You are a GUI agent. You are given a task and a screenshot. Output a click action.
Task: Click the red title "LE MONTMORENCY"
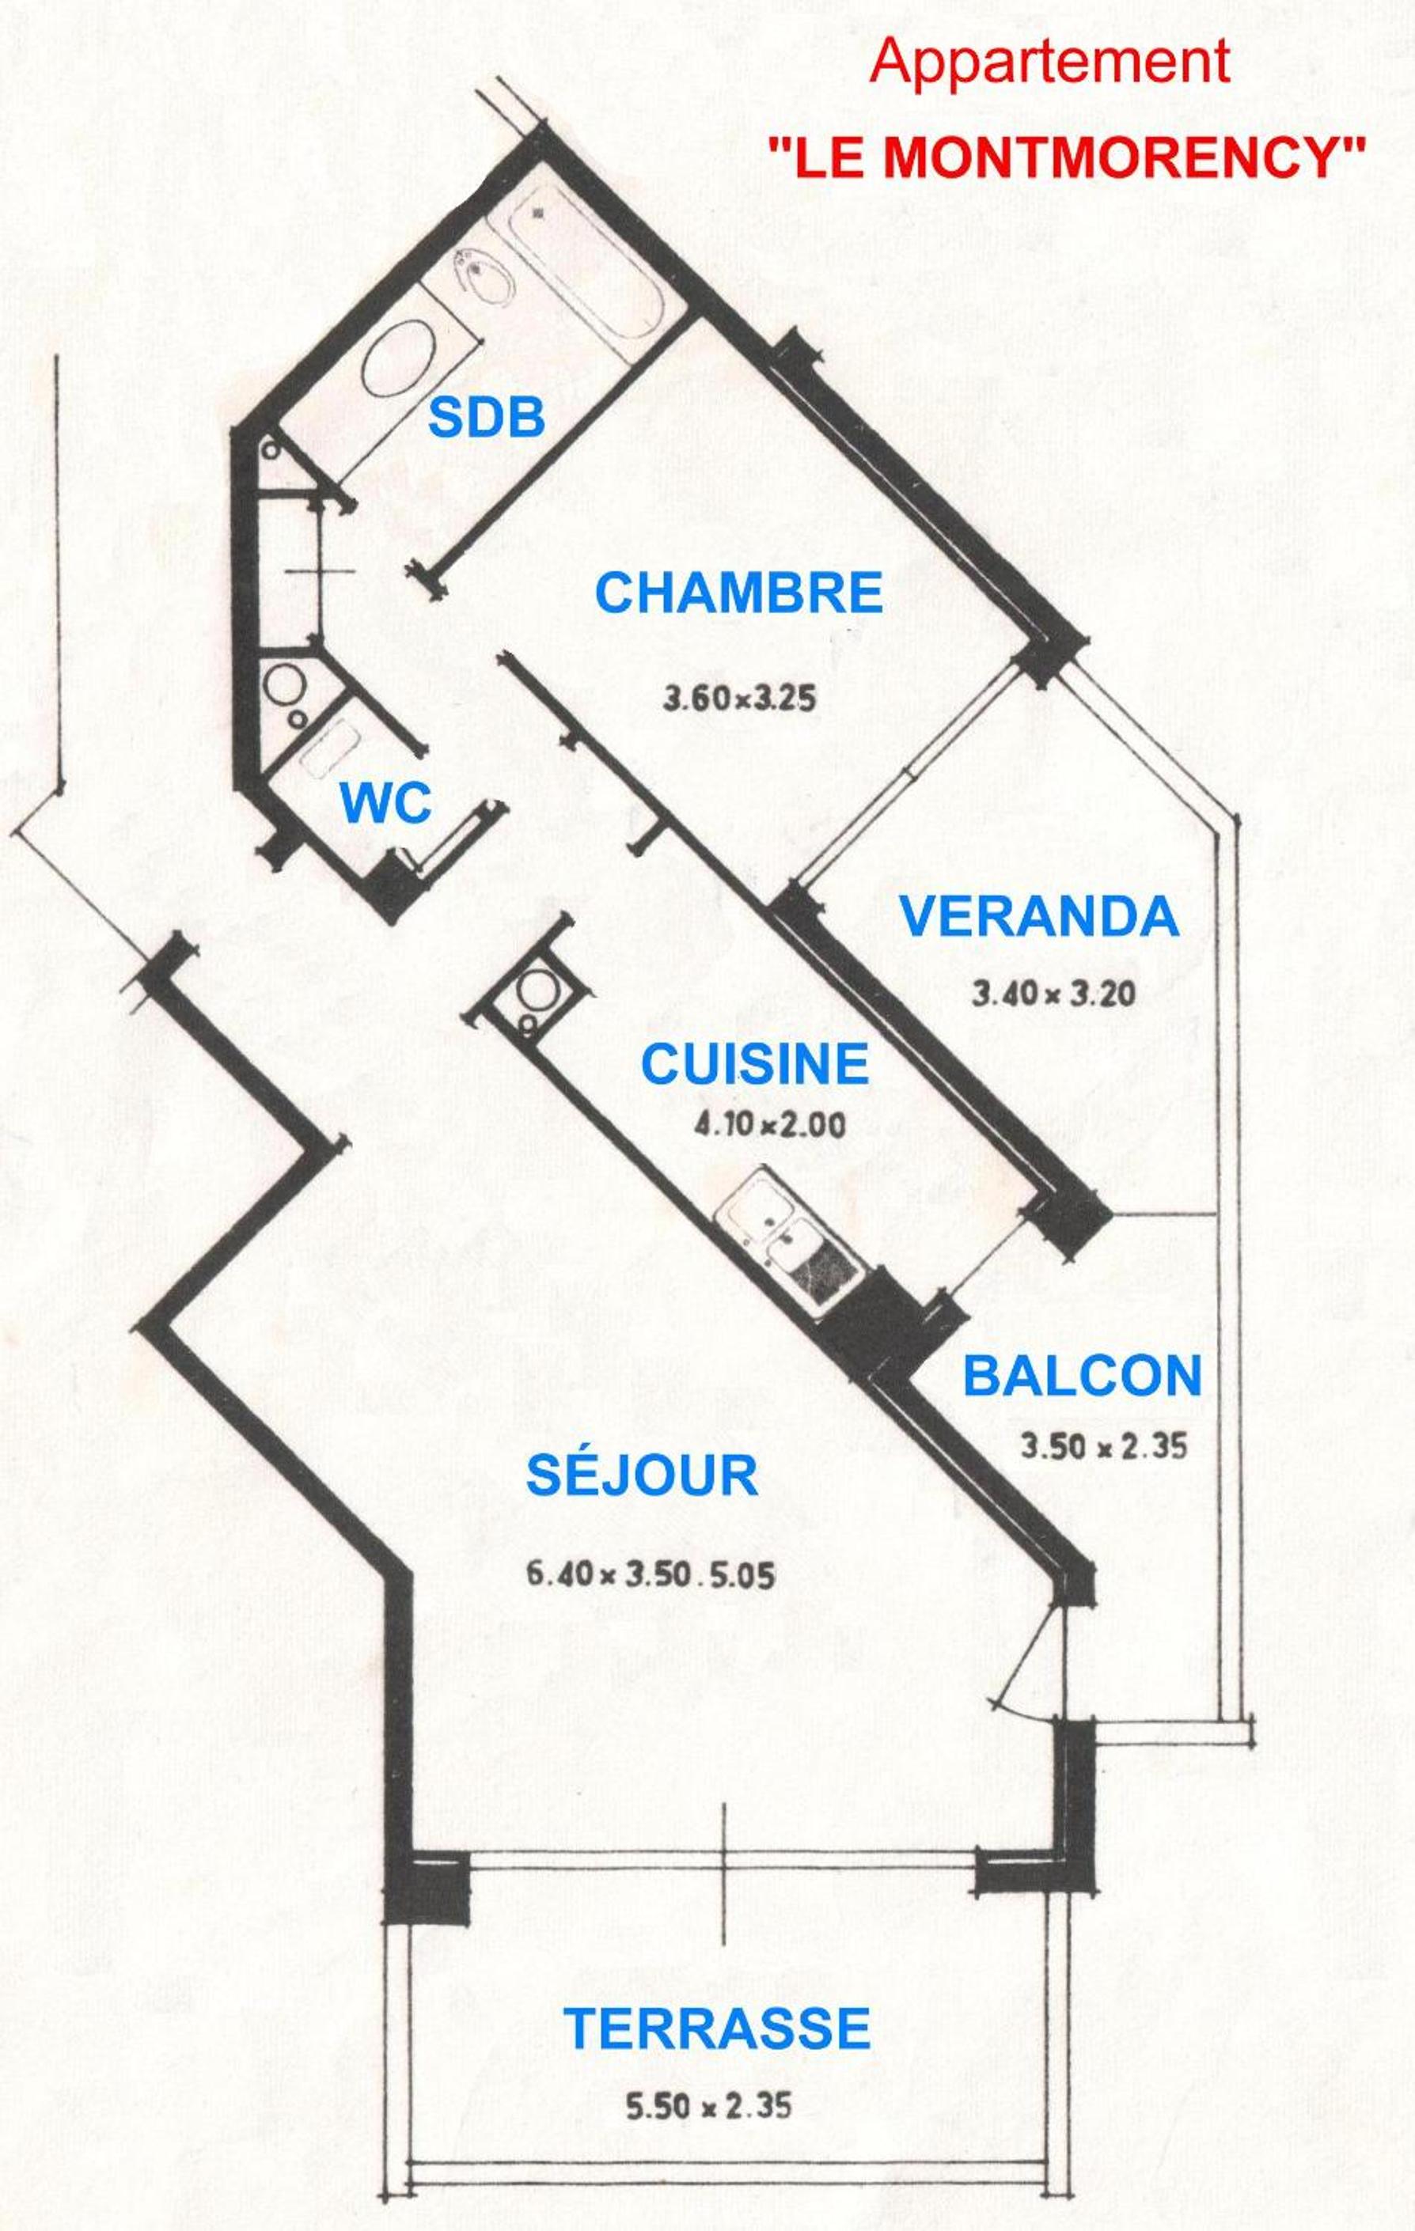coord(1068,158)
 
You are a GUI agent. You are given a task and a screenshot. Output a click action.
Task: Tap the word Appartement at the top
coord(1050,64)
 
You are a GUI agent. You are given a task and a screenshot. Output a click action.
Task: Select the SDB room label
coord(487,419)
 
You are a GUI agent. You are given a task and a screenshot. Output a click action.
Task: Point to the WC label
coord(386,802)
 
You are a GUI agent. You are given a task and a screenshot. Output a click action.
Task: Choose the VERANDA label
coord(1040,916)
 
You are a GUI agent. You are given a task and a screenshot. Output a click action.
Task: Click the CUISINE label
coord(755,1063)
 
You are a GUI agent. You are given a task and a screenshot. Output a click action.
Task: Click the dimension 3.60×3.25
coord(739,697)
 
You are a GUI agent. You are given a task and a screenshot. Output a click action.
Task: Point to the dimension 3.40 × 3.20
coord(1053,995)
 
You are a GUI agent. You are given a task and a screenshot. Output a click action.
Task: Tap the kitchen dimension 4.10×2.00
coord(770,1126)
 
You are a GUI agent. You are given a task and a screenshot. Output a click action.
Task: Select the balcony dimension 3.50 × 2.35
coord(1104,1446)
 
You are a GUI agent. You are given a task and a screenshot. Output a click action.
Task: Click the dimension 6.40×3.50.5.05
coord(651,1574)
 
